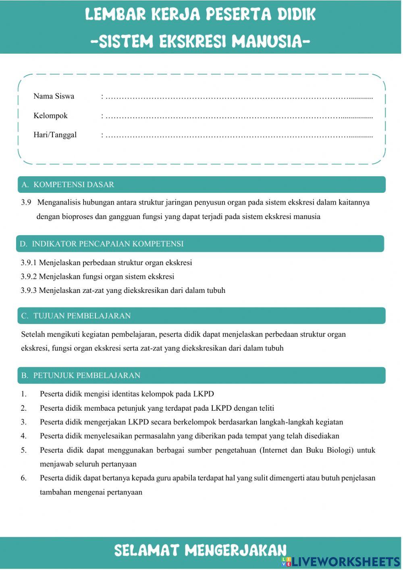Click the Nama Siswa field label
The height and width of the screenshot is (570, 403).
(54, 96)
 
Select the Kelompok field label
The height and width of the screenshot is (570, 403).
(50, 116)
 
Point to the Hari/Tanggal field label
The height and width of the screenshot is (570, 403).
(55, 135)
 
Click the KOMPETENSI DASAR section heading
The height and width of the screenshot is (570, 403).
(74, 185)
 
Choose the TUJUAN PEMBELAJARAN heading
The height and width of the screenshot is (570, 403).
(82, 316)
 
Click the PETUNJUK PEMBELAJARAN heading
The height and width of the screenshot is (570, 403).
(87, 376)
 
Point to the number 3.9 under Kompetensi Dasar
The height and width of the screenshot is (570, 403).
(26, 203)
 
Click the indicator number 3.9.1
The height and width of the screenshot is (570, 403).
(29, 263)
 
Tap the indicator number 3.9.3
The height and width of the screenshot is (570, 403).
(29, 290)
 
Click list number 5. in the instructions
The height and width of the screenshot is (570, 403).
(24, 450)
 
